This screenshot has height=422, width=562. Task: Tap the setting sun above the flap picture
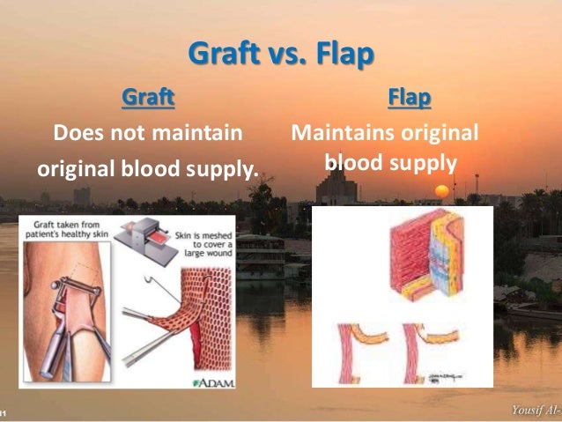442,190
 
